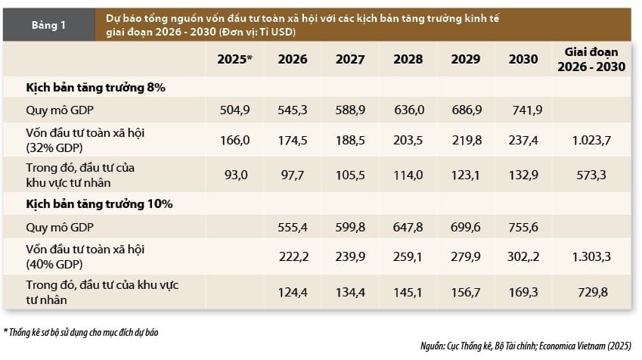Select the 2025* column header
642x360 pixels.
234,59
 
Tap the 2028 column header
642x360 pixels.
409,59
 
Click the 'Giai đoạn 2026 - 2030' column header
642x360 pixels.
591,59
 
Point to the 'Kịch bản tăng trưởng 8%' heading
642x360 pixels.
96,88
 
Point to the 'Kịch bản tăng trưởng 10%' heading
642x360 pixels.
99,203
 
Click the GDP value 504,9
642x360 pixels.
234,110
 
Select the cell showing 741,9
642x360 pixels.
526,110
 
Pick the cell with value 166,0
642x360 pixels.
234,140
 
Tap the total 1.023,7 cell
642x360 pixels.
591,140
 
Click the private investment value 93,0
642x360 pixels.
234,175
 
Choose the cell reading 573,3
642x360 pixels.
591,175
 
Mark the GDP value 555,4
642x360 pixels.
293,227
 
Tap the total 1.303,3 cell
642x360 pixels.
591,256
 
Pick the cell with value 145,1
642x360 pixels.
409,293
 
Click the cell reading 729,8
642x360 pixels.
591,293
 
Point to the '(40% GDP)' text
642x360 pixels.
54,264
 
